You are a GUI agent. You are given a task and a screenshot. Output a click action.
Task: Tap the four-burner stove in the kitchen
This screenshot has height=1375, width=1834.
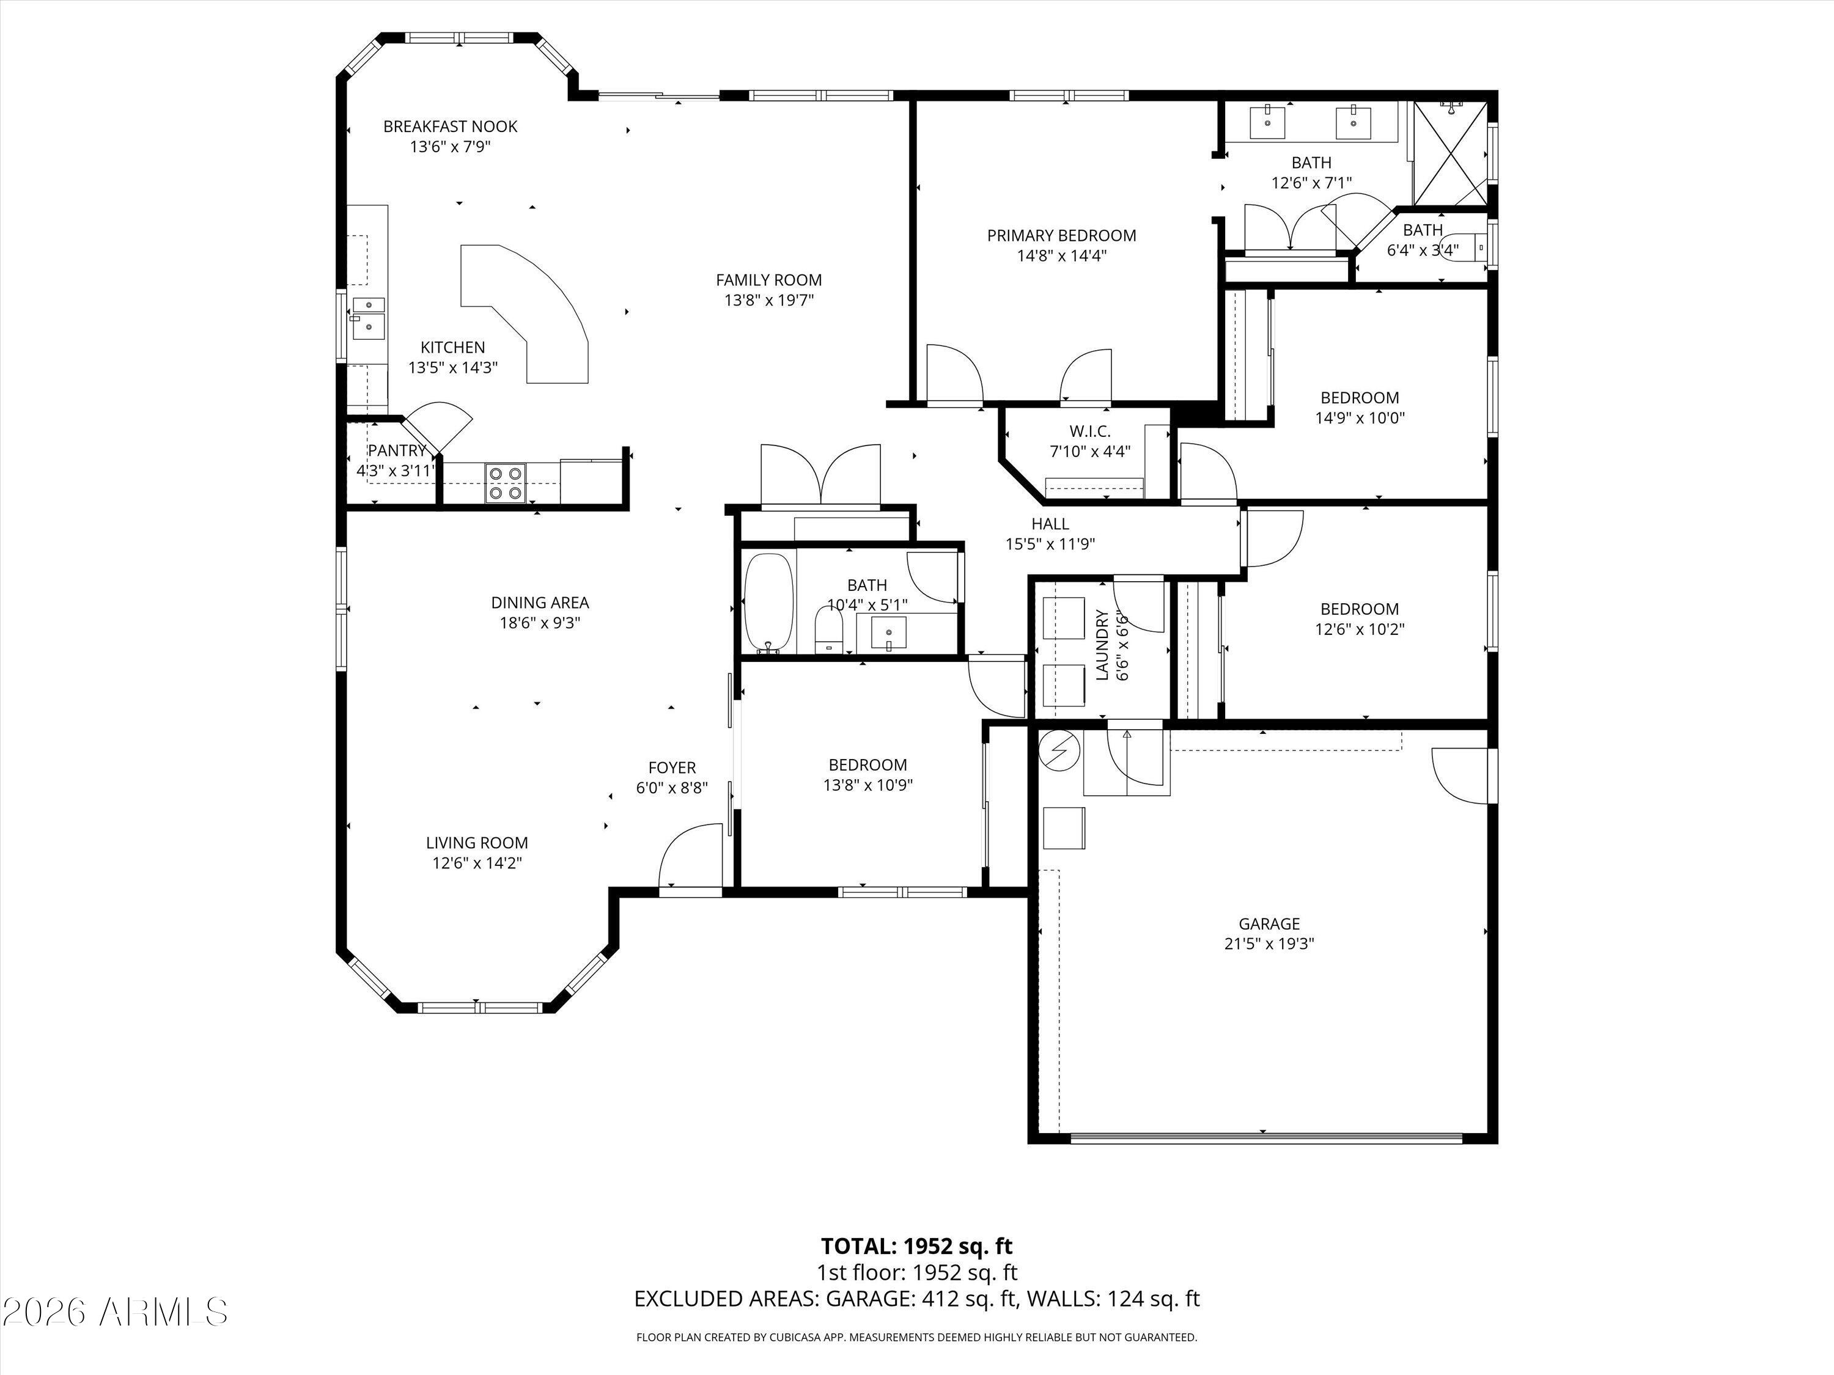(x=505, y=482)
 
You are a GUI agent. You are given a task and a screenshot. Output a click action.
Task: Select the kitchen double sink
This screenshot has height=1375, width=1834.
(x=368, y=318)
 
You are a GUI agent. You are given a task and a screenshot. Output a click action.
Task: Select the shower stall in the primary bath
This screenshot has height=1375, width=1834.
(x=1449, y=154)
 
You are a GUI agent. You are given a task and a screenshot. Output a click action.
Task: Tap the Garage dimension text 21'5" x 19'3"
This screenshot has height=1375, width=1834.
(x=1269, y=943)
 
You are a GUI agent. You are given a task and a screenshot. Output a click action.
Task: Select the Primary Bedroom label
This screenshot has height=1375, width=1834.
(x=1061, y=235)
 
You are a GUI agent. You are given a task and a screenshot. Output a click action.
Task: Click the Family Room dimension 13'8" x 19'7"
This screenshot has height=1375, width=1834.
(x=768, y=300)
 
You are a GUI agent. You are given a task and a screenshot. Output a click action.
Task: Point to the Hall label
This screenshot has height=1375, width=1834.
(x=1050, y=524)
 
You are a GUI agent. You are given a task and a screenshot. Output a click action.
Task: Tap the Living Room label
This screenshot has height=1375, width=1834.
(x=477, y=843)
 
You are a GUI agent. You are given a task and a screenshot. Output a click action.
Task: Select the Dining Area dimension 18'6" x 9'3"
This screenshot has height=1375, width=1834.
(x=540, y=623)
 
